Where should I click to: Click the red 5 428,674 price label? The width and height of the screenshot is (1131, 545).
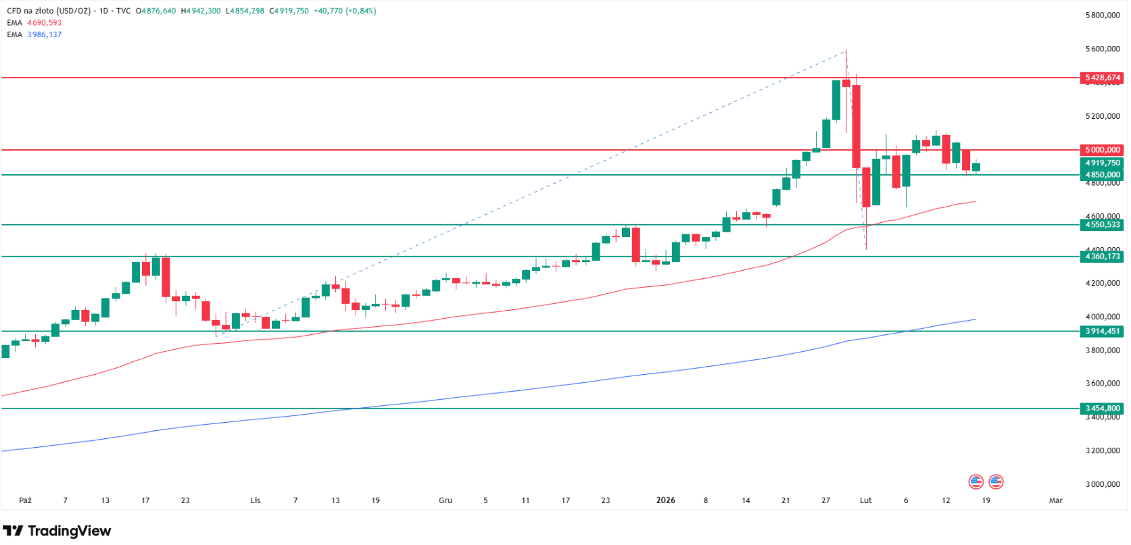pyautogui.click(x=1102, y=78)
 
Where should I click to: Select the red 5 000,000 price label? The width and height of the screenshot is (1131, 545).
pyautogui.click(x=1102, y=150)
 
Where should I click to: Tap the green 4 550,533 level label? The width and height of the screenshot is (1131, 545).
pyautogui.click(x=1102, y=225)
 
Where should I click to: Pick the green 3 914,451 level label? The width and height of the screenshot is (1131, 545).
pyautogui.click(x=1102, y=332)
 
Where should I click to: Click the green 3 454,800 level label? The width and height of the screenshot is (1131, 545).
pyautogui.click(x=1102, y=409)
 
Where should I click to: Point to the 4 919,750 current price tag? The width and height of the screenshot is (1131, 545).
pyautogui.click(x=1102, y=163)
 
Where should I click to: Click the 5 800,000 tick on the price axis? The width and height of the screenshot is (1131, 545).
pyautogui.click(x=1102, y=16)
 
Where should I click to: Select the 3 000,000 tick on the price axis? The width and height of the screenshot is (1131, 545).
pyautogui.click(x=1102, y=484)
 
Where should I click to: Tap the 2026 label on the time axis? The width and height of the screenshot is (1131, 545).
pyautogui.click(x=666, y=500)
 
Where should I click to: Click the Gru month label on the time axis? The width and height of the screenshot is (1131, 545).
pyautogui.click(x=446, y=500)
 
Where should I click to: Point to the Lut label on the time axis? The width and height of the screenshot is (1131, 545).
pyautogui.click(x=865, y=500)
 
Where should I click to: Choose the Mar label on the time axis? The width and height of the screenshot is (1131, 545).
pyautogui.click(x=1055, y=500)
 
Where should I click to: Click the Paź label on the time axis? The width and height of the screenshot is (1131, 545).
pyautogui.click(x=25, y=500)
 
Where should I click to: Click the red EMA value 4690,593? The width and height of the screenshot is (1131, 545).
pyautogui.click(x=44, y=23)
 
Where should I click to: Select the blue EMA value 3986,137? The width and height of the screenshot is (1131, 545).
pyautogui.click(x=44, y=34)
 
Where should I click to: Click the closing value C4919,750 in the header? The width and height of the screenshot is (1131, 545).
pyautogui.click(x=289, y=11)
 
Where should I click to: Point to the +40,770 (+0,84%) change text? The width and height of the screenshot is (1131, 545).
pyautogui.click(x=345, y=11)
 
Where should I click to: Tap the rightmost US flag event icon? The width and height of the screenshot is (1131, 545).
pyautogui.click(x=996, y=482)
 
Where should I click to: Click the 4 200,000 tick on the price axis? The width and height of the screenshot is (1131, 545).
pyautogui.click(x=1102, y=283)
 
